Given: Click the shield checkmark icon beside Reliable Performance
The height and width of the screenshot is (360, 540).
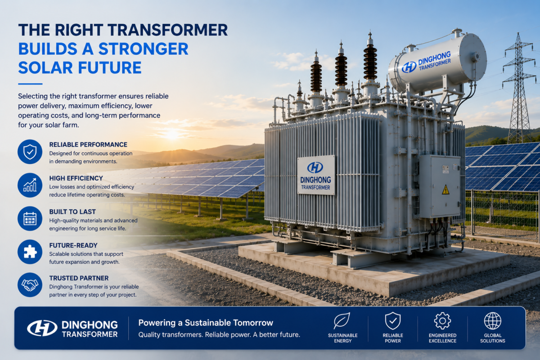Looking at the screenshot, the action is pos(30,152).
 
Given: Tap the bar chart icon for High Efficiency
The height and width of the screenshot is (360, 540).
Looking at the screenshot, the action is pos(30,185).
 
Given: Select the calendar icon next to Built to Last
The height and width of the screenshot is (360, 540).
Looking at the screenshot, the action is pos(30,218).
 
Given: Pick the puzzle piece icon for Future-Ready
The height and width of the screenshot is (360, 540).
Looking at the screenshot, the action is pos(30,252).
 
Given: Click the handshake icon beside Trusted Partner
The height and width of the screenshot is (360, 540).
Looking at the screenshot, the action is pos(30,285).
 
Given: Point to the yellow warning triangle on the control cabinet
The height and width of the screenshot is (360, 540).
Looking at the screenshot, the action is pos(445,190).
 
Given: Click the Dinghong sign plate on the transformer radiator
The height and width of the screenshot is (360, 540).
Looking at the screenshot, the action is pos(316,175).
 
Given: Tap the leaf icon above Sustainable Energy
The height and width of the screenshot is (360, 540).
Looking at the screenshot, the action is pos(342,321).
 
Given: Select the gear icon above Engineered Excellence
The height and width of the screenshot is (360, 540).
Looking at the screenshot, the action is pos(442,321).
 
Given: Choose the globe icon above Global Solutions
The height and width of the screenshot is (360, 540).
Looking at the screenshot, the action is pos(492,321).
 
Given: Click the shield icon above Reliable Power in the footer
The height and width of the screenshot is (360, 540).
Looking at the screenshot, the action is pos(393,321).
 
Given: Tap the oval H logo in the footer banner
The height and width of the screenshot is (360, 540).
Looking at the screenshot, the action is pos(42,328).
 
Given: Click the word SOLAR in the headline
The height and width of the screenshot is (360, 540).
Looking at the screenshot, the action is pos(45,67).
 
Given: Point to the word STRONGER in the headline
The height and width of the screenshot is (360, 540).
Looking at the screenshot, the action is pos(144,49).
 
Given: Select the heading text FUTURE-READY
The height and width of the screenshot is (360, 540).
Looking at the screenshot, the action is pos(73,245).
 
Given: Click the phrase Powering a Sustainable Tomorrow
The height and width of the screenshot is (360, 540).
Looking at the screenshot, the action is pos(206,323).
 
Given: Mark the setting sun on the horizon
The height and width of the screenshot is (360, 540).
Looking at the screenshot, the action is pos(172,134).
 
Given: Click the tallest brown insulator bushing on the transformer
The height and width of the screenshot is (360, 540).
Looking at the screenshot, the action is pos(370,62).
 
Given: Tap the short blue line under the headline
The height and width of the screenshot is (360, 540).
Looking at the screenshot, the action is pos(31,84).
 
